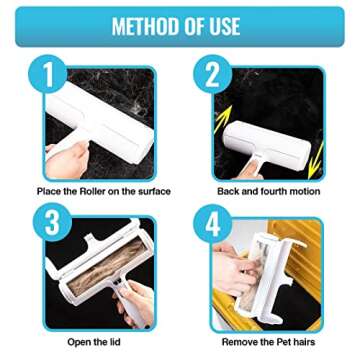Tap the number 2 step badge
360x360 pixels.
click(212, 74)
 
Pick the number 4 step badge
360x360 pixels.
click(211, 223)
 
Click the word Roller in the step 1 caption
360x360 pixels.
click(97, 191)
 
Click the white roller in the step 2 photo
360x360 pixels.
click(265, 140)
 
